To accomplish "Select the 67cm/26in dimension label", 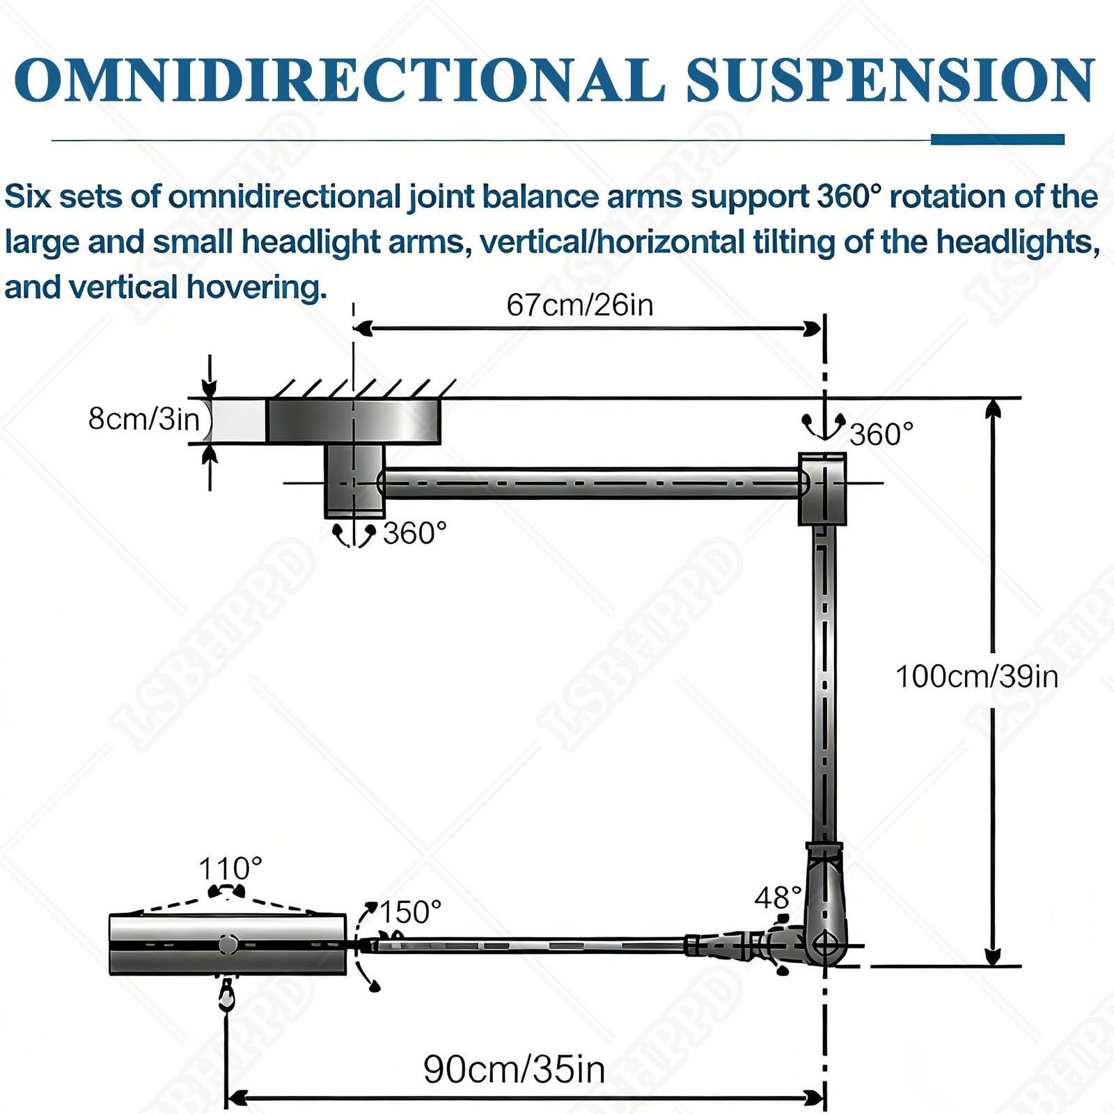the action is pos(580,305).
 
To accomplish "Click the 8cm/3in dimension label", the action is pos(144,419).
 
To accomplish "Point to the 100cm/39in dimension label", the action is pos(976,677).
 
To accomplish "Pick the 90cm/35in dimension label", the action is pos(514,1069).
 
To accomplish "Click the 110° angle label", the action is pos(230,869).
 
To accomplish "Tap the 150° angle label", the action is pos(410,912).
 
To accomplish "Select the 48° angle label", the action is pos(778,898).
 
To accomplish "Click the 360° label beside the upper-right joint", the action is pos(881,434).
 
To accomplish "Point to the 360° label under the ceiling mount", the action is pos(415,533).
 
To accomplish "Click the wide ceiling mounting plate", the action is pos(354,421).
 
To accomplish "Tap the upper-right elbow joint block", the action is pos(822,488).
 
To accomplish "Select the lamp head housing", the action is pos(228,944).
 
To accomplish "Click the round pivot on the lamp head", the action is pos(228,944).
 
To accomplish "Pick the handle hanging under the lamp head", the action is pos(226,994).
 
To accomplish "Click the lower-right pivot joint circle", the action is pos(826,946).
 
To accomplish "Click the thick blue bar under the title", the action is pos(998,139).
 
